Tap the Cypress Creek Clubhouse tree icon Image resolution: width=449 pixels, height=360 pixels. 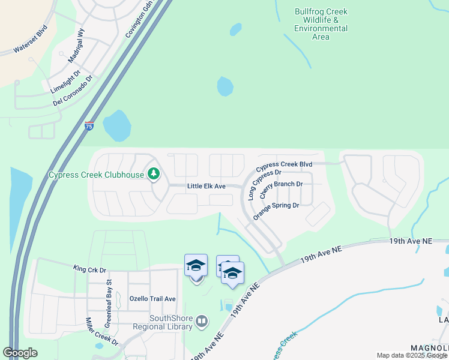pos(154,175)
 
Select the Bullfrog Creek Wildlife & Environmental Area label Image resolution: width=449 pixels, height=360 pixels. pos(321,24)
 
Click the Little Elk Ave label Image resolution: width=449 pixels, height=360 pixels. pos(206,187)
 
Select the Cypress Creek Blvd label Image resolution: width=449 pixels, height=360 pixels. pos(285,164)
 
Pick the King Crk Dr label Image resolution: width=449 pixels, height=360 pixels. pos(89,269)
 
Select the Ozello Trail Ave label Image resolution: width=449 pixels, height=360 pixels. pos(152,299)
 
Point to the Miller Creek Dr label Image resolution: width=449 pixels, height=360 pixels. pos(101,332)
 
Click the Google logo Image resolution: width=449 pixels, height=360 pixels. pos(20,353)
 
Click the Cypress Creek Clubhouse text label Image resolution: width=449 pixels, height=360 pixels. pos(96,175)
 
